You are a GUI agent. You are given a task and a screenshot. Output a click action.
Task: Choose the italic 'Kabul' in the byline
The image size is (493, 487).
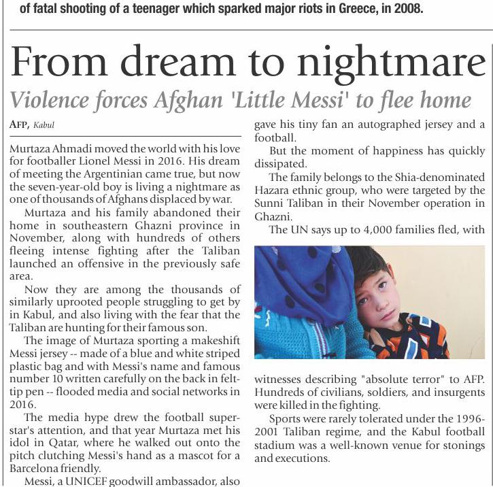click(44, 125)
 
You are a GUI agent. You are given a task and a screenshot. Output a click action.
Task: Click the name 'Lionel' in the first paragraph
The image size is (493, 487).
click(131, 161)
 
